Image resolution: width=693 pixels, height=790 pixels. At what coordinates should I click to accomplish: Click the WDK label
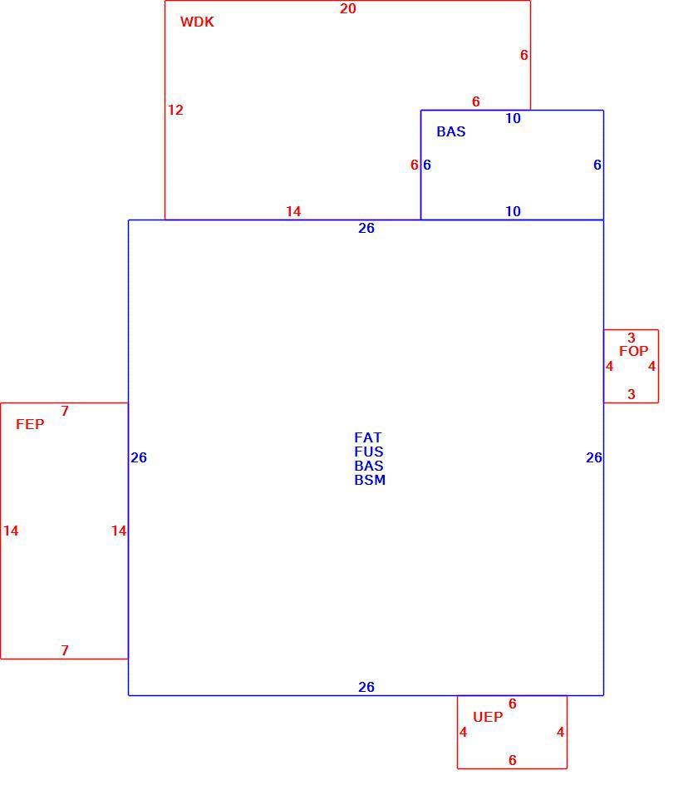(x=197, y=22)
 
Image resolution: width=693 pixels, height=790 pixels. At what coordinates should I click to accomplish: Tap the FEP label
(x=30, y=424)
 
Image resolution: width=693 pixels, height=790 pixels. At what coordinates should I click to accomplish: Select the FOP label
(x=634, y=351)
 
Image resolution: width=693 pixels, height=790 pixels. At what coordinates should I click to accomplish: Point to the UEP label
(x=488, y=717)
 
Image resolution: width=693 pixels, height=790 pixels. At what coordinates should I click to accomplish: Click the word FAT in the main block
(x=368, y=437)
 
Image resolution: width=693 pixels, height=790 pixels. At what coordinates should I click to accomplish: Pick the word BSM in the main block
(x=370, y=480)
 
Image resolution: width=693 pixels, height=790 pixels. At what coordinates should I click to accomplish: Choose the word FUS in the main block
(x=369, y=452)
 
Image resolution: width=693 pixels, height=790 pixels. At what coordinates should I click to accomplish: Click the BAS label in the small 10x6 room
(x=451, y=131)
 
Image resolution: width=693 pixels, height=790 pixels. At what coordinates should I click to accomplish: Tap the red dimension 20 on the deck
(x=348, y=8)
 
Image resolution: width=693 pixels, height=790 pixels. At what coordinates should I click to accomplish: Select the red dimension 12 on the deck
(x=175, y=110)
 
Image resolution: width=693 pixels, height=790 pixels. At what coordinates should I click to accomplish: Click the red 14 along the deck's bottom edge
(x=293, y=211)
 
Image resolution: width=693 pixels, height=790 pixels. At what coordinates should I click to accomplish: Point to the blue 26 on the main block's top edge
(x=366, y=228)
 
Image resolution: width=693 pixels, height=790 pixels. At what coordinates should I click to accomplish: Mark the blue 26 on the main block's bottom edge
(x=366, y=687)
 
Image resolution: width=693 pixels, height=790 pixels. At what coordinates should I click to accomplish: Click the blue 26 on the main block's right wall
(x=594, y=457)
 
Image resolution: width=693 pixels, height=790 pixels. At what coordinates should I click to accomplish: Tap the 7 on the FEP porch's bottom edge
(x=65, y=650)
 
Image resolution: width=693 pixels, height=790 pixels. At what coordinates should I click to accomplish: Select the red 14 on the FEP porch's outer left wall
(x=11, y=531)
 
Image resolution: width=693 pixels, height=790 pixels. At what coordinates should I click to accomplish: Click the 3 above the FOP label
(x=632, y=338)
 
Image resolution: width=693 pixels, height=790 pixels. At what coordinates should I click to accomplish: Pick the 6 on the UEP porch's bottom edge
(x=513, y=760)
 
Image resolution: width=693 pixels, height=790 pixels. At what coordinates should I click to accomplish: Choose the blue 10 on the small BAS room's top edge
(x=513, y=118)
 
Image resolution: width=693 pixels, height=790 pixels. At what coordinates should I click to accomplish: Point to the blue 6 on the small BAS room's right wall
(x=597, y=165)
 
